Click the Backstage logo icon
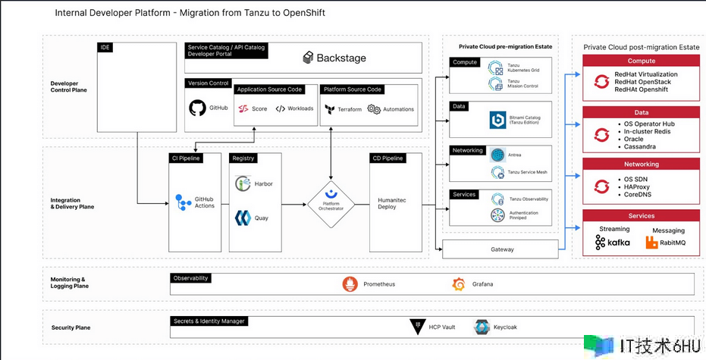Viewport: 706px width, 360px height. coord(308,58)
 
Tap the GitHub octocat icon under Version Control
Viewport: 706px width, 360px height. coord(197,108)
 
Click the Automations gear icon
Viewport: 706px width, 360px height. coord(374,109)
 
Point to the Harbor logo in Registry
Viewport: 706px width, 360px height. coord(243,183)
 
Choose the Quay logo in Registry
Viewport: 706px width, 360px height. coord(243,218)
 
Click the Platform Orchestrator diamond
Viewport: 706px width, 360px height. coord(331,203)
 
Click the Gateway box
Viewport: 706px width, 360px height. coord(501,249)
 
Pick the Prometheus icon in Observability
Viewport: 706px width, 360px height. coord(350,284)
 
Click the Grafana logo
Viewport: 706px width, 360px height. coord(459,284)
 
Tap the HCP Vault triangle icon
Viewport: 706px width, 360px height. coord(416,327)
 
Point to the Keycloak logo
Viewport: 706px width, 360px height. coord(481,327)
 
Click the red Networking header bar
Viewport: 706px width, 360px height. coord(642,164)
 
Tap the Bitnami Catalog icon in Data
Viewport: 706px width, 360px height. coord(497,120)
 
